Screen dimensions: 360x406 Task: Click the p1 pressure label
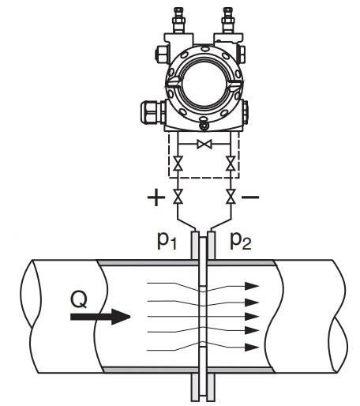click(x=167, y=241)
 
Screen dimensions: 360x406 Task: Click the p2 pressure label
click(x=241, y=241)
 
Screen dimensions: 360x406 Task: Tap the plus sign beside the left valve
click(x=156, y=197)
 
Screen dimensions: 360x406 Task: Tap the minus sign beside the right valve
click(x=250, y=197)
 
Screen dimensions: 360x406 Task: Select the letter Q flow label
click(x=79, y=299)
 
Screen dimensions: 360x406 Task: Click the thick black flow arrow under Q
click(x=100, y=317)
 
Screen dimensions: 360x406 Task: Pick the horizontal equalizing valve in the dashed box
click(x=204, y=145)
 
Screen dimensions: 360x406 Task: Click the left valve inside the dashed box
click(x=178, y=164)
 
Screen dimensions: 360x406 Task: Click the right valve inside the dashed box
click(x=231, y=164)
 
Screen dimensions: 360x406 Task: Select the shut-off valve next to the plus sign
click(x=178, y=197)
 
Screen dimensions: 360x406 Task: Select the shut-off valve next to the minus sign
click(x=231, y=197)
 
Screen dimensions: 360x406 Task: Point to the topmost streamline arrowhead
click(x=252, y=286)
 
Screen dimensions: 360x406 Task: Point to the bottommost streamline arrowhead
click(x=252, y=348)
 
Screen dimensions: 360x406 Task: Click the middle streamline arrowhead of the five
click(x=252, y=317)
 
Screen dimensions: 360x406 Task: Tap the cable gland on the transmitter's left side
click(x=152, y=112)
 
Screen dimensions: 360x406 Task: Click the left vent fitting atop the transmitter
click(x=178, y=21)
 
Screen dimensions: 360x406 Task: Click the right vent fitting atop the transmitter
click(x=227, y=21)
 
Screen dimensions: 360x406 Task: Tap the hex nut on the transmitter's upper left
click(x=160, y=55)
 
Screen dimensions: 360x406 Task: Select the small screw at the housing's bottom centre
click(x=204, y=126)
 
